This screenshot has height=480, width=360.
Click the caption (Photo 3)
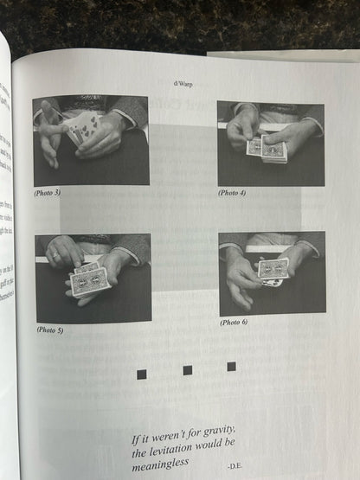point(47,192)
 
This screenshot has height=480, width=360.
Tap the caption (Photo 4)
point(232,193)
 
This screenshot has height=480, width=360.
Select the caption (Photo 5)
point(49,330)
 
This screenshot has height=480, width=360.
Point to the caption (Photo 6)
point(234,322)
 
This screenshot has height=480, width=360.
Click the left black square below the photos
point(142,374)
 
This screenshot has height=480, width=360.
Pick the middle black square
point(187,370)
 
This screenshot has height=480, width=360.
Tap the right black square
point(231,367)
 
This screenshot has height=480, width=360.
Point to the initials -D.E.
point(236,467)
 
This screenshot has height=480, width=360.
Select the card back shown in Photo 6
point(273,269)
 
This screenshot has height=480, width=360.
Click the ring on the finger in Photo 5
point(55,256)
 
